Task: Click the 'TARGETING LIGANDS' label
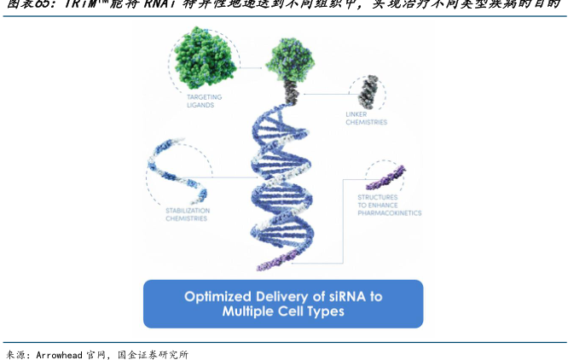click(204, 101)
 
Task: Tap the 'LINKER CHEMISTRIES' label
click(366, 118)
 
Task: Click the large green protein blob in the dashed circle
click(205, 56)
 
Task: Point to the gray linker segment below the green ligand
click(291, 91)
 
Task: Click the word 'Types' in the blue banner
click(325, 312)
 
